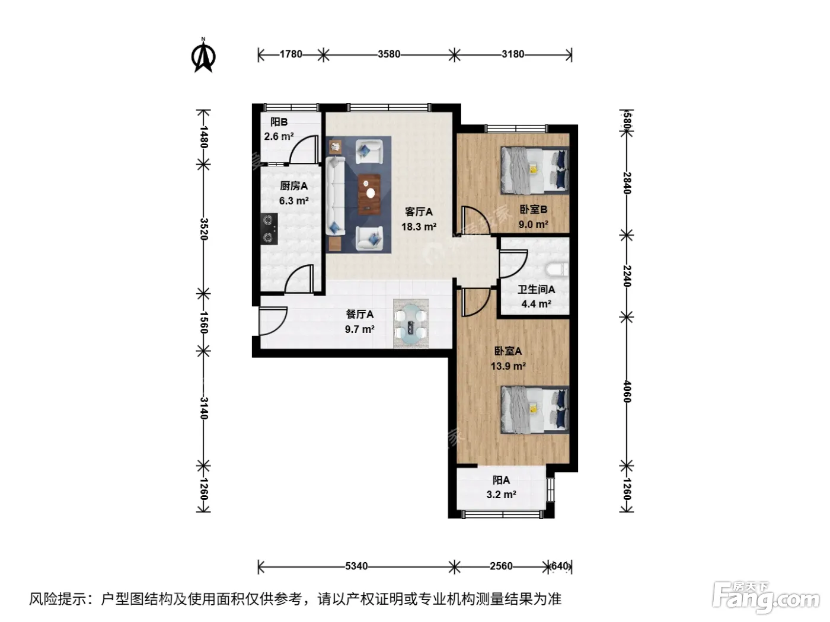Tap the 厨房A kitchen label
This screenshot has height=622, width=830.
[293, 186]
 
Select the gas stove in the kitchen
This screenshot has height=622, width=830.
[269, 229]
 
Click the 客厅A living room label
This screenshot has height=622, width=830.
[419, 212]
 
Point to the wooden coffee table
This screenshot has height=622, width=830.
[369, 194]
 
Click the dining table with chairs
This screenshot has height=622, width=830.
[411, 323]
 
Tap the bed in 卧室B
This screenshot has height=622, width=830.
[535, 171]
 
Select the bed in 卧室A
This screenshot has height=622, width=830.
[535, 410]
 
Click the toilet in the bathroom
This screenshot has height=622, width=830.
[557, 270]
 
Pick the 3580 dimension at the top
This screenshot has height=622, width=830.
[389, 54]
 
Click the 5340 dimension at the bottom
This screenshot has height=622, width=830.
[356, 566]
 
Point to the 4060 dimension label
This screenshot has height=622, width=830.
[627, 392]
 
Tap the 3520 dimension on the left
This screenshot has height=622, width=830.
[203, 229]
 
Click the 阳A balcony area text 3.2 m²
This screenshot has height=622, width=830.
[502, 495]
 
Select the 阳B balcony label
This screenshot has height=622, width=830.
[279, 122]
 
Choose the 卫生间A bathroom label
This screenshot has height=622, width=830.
[536, 289]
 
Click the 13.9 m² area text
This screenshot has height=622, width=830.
[508, 366]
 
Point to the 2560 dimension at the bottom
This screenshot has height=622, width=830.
[501, 566]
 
